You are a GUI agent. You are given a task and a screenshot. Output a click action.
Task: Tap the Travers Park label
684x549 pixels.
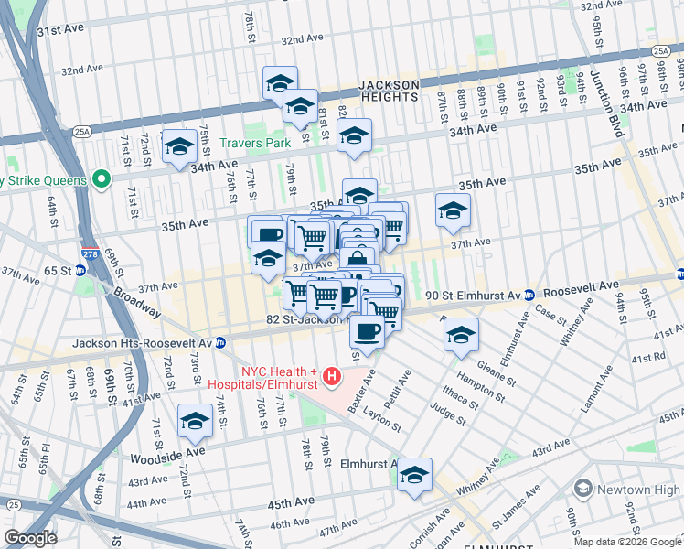(x=255, y=143)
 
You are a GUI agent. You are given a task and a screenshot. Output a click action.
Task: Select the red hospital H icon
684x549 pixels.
(x=332, y=376)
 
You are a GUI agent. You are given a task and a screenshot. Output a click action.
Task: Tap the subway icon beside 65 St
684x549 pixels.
(x=80, y=271)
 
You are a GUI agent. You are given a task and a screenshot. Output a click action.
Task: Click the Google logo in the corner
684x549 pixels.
(x=30, y=537)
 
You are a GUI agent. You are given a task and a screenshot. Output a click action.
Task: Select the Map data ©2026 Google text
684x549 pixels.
(x=627, y=542)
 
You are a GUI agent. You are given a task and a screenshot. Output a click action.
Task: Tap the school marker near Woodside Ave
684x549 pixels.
(x=195, y=421)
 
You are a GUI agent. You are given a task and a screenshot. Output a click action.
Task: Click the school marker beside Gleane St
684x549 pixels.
(x=462, y=335)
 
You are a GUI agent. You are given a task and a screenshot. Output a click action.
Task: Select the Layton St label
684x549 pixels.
(x=383, y=421)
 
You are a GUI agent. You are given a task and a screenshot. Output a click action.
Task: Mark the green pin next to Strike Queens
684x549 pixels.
(x=102, y=179)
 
